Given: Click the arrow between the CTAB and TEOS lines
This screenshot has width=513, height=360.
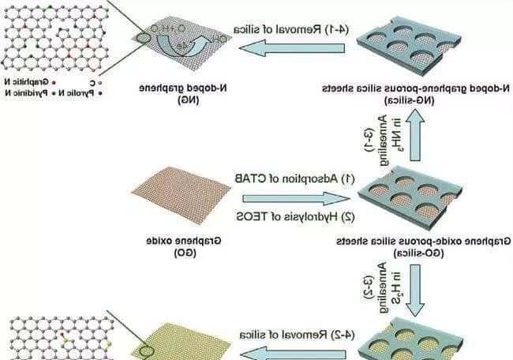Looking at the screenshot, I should [292, 197].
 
